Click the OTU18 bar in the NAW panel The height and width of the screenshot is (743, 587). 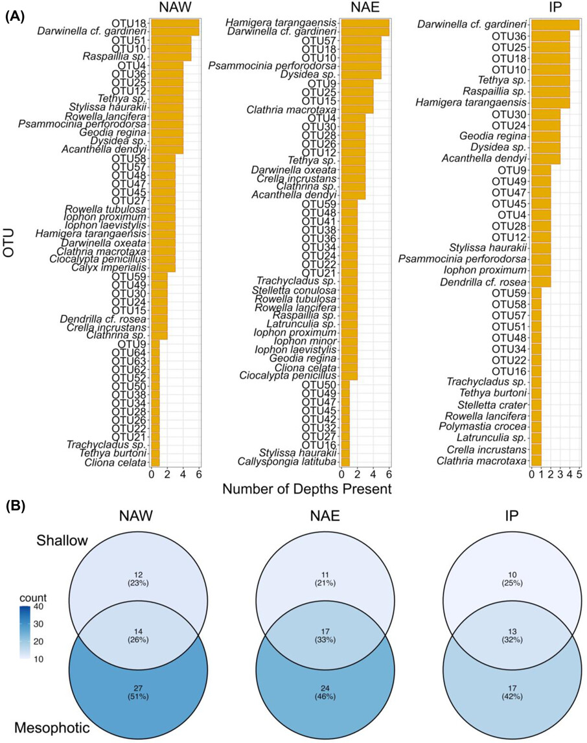(175, 23)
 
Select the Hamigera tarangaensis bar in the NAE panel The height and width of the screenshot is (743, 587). (365, 23)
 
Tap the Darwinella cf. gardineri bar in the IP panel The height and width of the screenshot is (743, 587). (555, 25)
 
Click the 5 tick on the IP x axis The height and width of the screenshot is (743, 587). (579, 475)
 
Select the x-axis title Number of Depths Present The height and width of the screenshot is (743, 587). (306, 489)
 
